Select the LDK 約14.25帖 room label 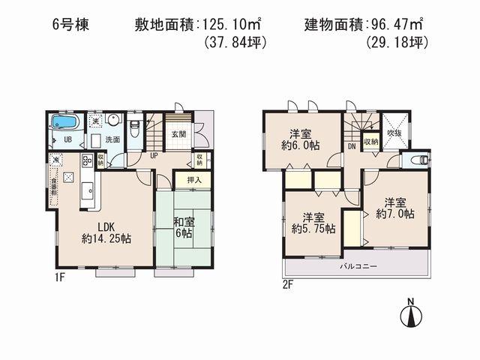[x=106, y=233]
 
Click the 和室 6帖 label [x=183, y=227]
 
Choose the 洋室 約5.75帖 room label [x=307, y=217]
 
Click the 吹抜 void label [x=394, y=133]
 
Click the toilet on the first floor [x=135, y=127]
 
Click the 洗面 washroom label [x=112, y=139]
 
